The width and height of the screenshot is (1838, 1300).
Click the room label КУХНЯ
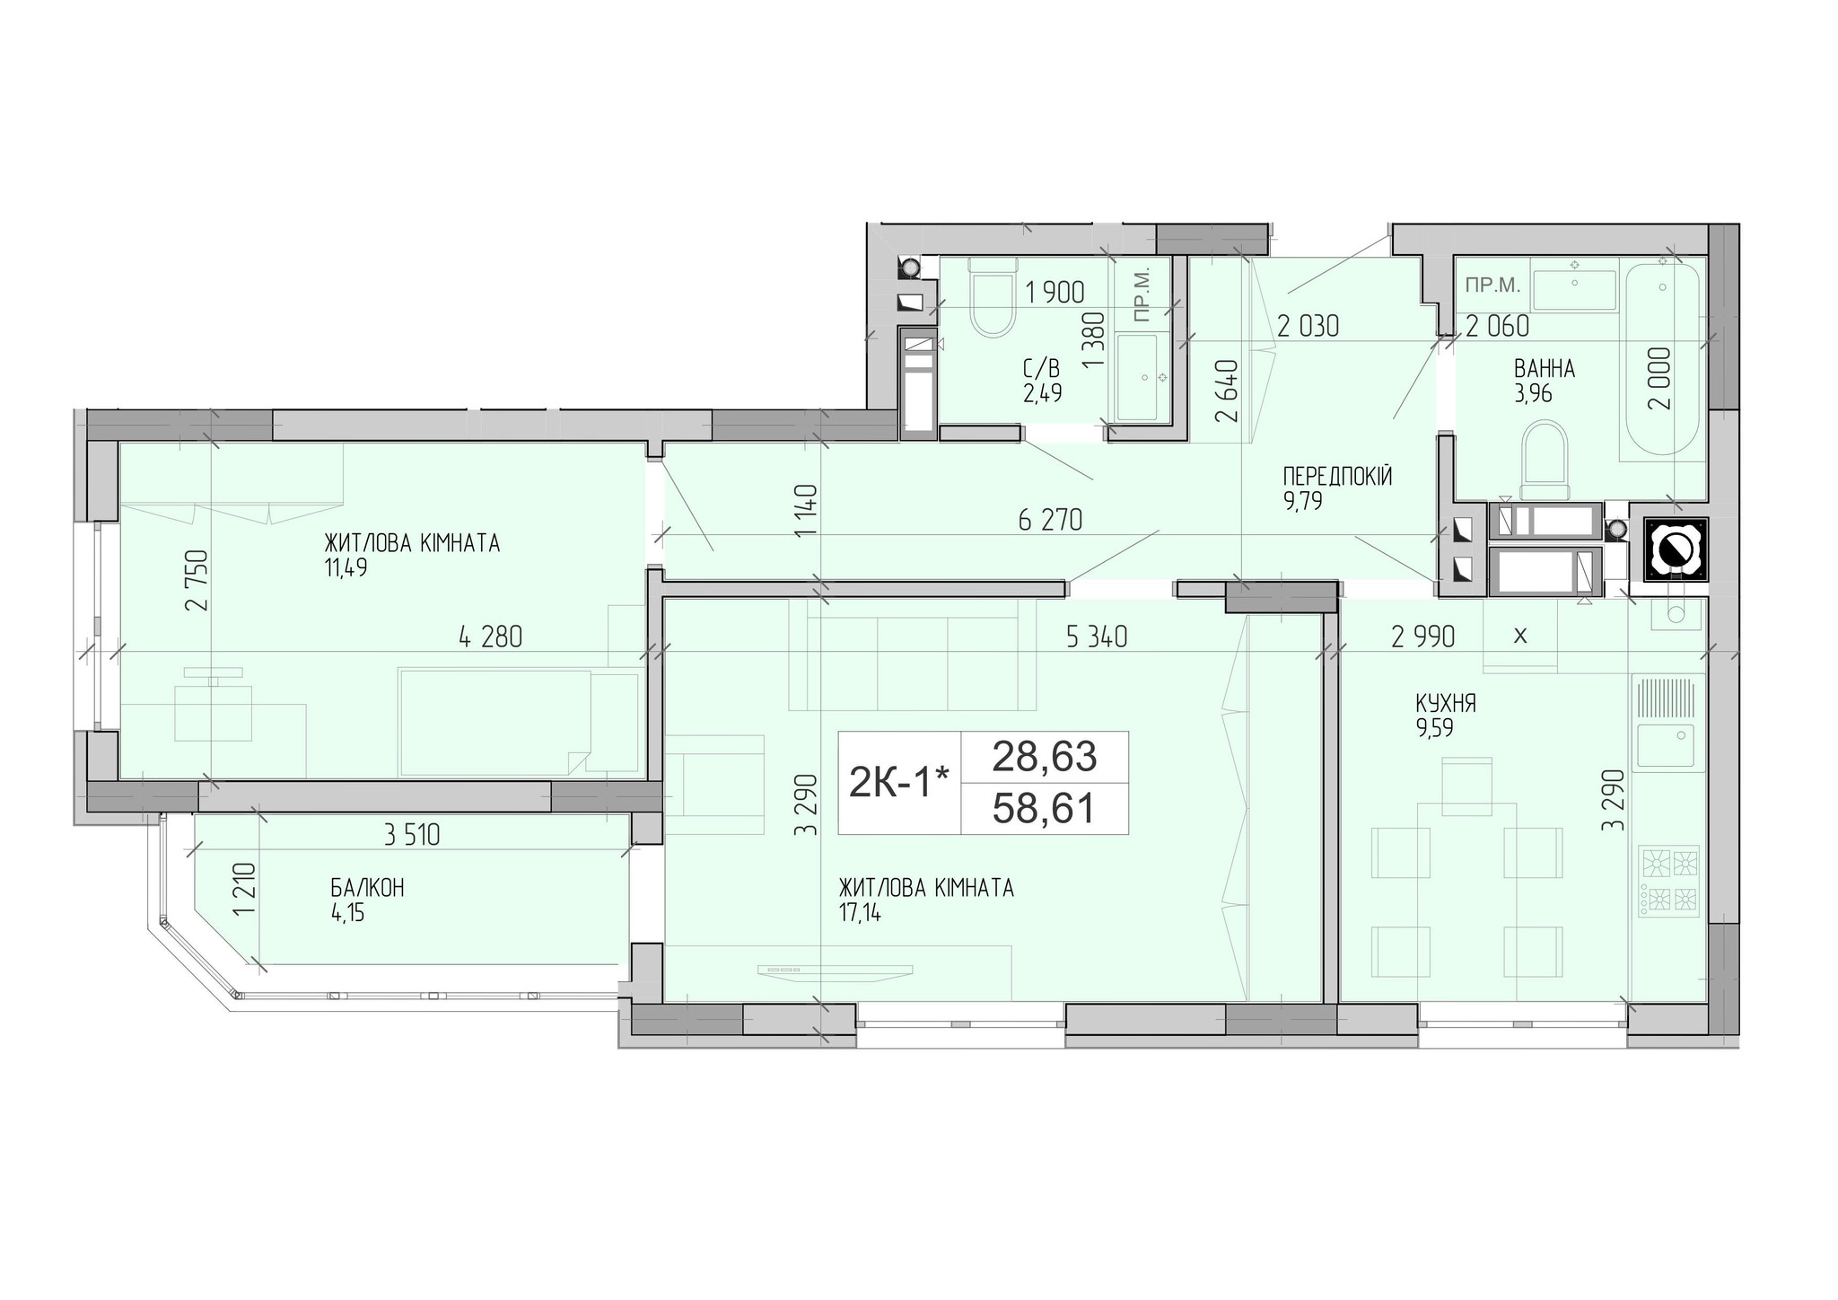click(x=1445, y=703)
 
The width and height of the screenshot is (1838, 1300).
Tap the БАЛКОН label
click(x=367, y=888)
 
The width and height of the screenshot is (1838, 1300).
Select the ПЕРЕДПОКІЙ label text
click(x=1337, y=477)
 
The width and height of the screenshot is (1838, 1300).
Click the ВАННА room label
click(x=1545, y=368)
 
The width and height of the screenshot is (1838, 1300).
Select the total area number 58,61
click(x=1044, y=809)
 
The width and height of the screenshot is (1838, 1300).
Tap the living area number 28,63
click(x=1044, y=757)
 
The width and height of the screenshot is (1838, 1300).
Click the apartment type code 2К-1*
click(x=898, y=784)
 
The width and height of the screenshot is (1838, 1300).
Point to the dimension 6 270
click(x=1050, y=520)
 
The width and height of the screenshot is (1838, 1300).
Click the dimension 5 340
click(x=1096, y=637)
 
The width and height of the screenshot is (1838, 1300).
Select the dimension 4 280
click(x=490, y=637)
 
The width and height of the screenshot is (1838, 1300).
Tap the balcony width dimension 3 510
click(x=412, y=836)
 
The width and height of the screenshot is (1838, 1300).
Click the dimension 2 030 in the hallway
click(x=1308, y=326)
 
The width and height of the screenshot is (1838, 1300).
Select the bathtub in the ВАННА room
click(x=1663, y=359)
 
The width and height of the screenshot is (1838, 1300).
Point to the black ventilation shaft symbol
click(x=1675, y=549)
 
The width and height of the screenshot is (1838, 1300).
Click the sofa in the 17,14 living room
click(x=913, y=655)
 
